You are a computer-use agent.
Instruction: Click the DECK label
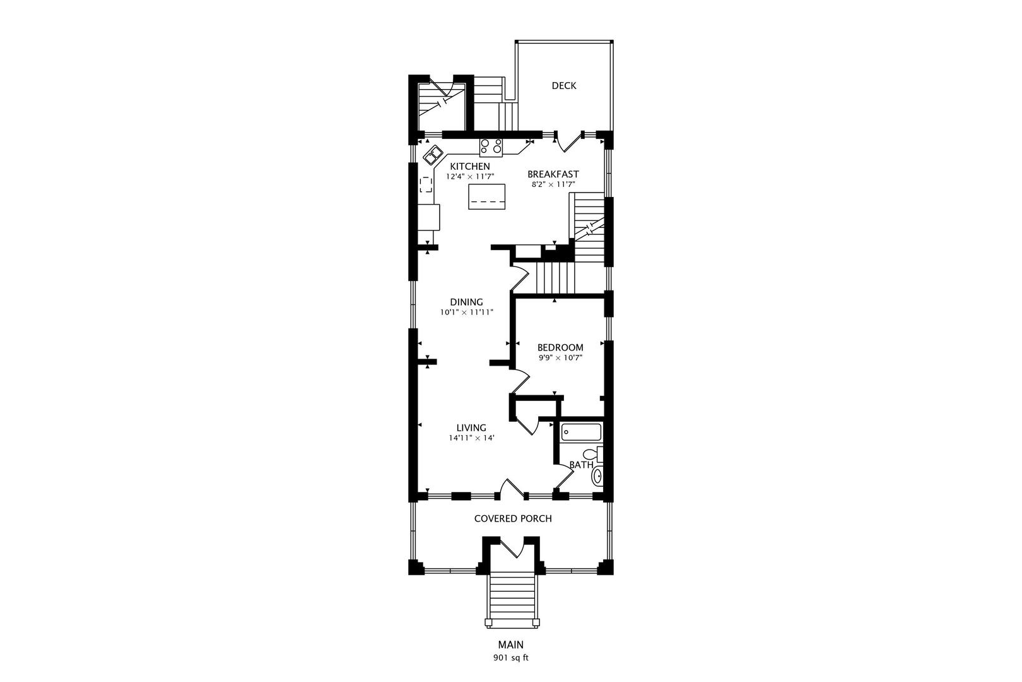(564, 85)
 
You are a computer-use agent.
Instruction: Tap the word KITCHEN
(470, 166)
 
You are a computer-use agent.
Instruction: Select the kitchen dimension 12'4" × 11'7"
(470, 176)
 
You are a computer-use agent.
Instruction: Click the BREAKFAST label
(553, 174)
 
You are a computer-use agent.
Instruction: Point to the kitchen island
(487, 196)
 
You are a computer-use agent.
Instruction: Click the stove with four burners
(491, 147)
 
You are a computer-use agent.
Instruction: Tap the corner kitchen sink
(113, 155)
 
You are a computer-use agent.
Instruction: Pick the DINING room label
(466, 302)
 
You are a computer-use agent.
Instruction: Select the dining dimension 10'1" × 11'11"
(467, 313)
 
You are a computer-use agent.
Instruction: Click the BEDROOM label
(560, 347)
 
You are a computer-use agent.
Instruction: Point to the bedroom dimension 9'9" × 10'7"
(560, 357)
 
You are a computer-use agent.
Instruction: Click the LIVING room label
(471, 428)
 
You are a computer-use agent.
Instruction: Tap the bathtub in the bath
(581, 432)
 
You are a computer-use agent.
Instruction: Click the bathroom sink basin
(597, 476)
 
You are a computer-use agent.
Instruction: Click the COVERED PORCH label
(513, 518)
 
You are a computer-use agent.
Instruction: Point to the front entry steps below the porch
(512, 600)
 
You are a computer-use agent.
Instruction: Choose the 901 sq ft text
(510, 658)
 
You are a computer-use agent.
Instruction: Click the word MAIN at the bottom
(510, 645)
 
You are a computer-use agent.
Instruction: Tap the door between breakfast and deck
(569, 142)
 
